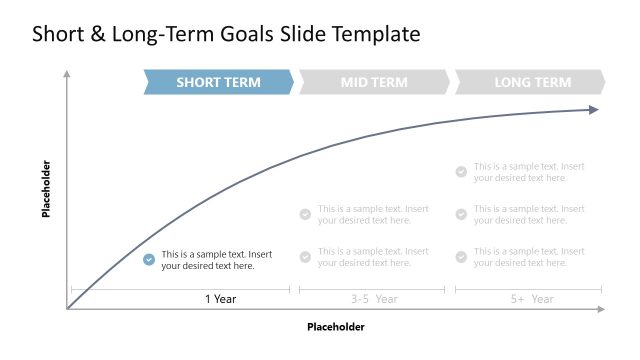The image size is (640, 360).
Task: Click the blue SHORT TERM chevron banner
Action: coord(218,82)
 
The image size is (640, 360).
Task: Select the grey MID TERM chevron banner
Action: coord(374,82)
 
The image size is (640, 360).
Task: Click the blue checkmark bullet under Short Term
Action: coord(149,259)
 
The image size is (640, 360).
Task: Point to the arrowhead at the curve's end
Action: coord(593,109)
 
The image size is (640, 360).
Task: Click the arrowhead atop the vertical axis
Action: coord(67,73)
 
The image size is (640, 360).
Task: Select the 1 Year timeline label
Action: coord(220,298)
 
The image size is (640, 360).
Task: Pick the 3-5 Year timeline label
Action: coord(374,298)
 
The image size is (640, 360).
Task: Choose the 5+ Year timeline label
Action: coord(529,298)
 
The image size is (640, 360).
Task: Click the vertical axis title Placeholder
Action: coord(46,189)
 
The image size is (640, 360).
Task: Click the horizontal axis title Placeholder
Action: coord(335,327)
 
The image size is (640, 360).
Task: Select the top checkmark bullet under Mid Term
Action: coord(305,214)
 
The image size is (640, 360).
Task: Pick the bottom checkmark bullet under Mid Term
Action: coord(305,257)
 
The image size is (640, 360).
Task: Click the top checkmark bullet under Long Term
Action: coord(461,171)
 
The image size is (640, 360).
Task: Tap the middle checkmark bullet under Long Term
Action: coord(461,214)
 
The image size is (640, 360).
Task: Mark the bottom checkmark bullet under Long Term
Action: coord(461,257)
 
